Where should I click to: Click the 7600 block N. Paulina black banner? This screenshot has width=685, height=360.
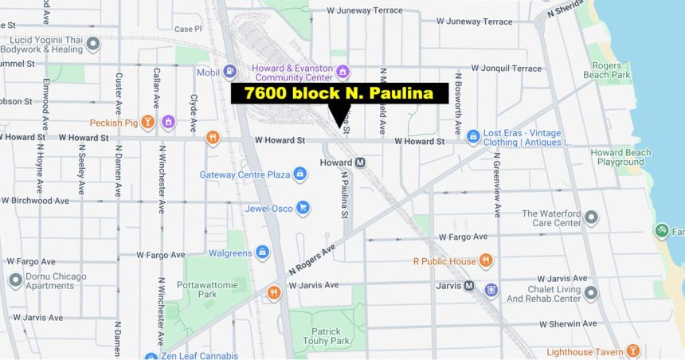[x=339, y=94]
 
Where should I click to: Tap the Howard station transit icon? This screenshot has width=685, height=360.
[x=360, y=162]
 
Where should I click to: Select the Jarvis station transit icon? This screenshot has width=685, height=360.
[x=469, y=285]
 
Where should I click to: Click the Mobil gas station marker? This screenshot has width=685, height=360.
[x=230, y=72]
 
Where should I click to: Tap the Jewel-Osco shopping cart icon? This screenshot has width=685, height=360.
[x=303, y=209]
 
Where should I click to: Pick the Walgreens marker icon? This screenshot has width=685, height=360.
[x=262, y=253]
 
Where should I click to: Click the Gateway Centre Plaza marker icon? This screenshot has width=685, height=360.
[x=300, y=174]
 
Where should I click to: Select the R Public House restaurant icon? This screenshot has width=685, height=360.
[x=486, y=261]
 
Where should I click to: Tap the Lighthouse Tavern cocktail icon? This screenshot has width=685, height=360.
[x=632, y=351]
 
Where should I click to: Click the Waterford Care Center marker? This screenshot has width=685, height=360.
[x=591, y=217]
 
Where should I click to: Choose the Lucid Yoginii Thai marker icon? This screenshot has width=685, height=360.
[x=93, y=44]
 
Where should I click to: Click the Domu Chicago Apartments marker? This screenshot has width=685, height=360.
[x=15, y=280]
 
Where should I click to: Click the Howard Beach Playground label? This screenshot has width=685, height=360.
[x=621, y=157]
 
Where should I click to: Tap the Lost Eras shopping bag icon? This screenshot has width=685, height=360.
[x=473, y=137]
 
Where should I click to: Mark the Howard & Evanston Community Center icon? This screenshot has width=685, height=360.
[x=343, y=72]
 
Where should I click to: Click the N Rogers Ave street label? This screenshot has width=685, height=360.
[x=307, y=258]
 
